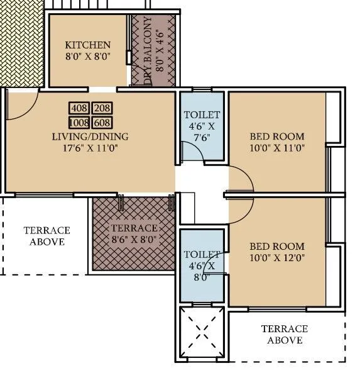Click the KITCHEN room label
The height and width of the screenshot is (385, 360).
pyautogui.click(x=88, y=45)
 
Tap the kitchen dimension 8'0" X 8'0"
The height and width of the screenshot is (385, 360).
pyautogui.click(x=88, y=57)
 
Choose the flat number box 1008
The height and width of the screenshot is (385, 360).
pyautogui.click(x=80, y=122)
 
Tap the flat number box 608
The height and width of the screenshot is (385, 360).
pyautogui.click(x=101, y=122)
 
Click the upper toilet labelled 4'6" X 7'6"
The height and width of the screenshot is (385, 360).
pyautogui.click(x=202, y=126)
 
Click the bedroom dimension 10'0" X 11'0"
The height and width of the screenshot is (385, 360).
pyautogui.click(x=276, y=148)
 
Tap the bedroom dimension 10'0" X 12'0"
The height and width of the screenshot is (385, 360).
pyautogui.click(x=276, y=259)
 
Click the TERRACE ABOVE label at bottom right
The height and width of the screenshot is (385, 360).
pyautogui.click(x=284, y=335)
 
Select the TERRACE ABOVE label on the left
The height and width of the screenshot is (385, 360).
pyautogui.click(x=46, y=236)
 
